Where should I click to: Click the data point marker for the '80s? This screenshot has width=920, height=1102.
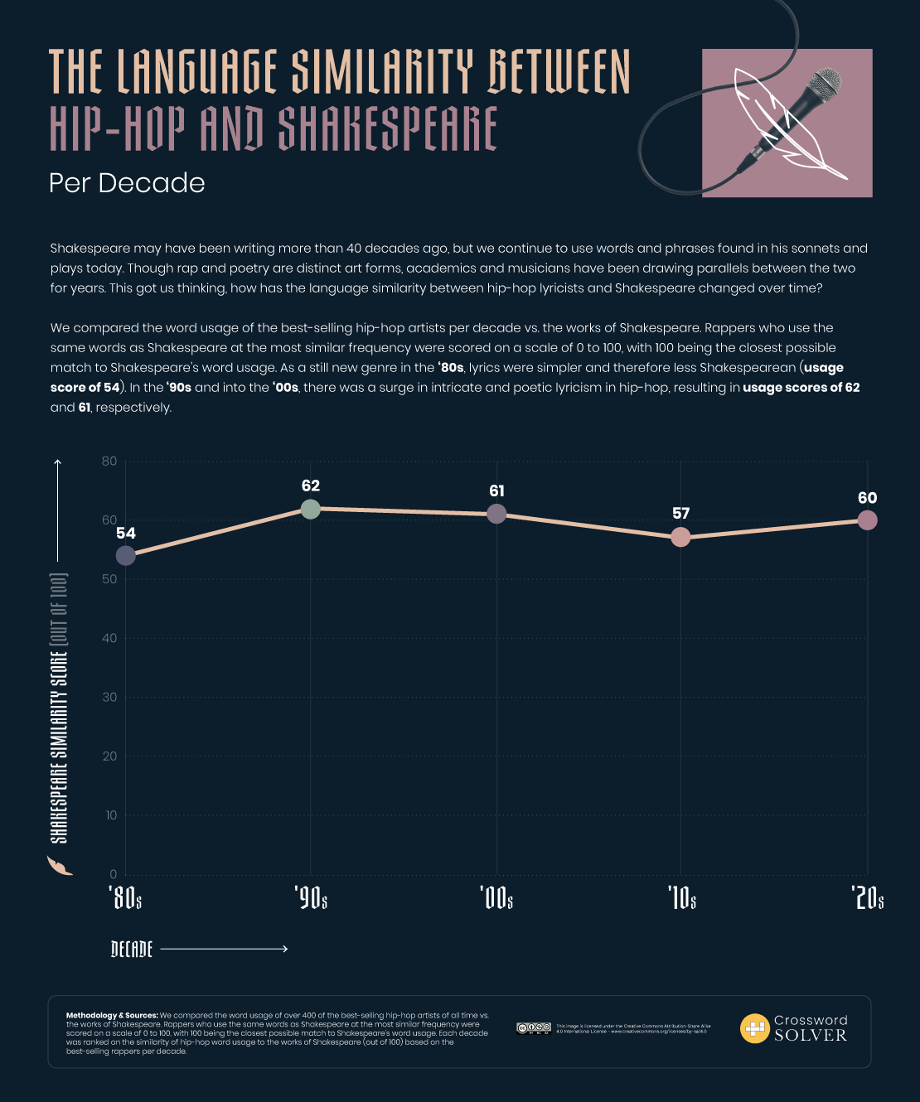click(125, 555)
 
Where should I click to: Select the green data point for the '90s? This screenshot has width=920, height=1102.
click(310, 509)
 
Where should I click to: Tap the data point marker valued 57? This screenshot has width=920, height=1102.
click(680, 538)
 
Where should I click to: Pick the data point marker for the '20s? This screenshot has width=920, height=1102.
click(867, 520)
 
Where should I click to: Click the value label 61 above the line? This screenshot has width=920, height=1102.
click(496, 491)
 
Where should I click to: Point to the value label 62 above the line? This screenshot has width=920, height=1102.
click(311, 486)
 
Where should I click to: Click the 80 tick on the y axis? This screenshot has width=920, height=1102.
click(109, 462)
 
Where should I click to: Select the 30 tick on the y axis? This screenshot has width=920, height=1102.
click(109, 698)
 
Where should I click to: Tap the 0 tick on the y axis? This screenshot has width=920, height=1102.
click(114, 874)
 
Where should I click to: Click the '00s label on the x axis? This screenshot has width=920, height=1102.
click(496, 897)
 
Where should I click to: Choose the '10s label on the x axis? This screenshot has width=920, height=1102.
click(681, 897)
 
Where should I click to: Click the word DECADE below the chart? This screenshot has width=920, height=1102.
click(132, 949)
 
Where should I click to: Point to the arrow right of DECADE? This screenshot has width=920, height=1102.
click(224, 949)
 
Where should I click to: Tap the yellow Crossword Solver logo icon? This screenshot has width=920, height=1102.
click(754, 1028)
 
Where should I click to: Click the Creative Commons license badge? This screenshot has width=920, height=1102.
click(533, 1028)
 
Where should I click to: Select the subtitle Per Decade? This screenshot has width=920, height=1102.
click(127, 183)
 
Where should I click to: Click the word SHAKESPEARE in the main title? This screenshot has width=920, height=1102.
click(387, 129)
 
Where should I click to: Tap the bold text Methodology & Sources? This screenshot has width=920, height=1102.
click(111, 1015)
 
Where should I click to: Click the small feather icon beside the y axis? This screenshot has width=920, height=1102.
click(60, 866)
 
